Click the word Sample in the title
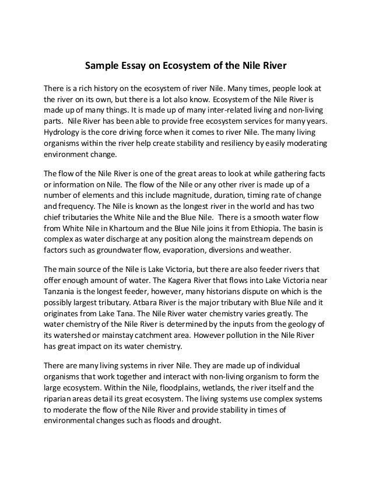[98, 66]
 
